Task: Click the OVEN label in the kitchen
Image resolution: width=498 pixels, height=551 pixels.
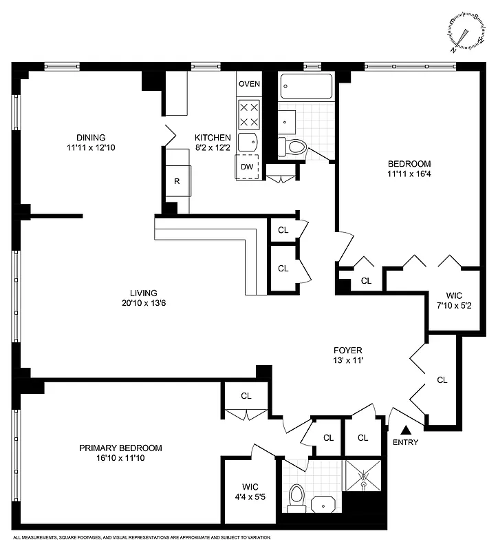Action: [x=249, y=84]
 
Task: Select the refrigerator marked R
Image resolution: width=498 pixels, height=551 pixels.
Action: [x=177, y=182]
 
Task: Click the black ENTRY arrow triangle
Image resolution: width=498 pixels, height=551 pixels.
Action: [x=405, y=430]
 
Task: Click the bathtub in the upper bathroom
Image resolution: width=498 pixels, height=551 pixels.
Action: [x=306, y=87]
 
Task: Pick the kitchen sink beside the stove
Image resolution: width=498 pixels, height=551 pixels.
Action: [x=247, y=143]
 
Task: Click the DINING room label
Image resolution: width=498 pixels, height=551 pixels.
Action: [x=91, y=136]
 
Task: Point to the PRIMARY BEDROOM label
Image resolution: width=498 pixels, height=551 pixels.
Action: [x=120, y=448]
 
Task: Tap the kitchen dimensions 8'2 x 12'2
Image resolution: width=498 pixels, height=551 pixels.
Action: [x=213, y=147]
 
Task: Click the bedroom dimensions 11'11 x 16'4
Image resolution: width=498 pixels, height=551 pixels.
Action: [x=409, y=174]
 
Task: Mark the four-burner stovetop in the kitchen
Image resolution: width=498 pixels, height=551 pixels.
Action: [x=249, y=114]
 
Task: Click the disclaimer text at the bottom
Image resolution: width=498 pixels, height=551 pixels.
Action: [x=142, y=537]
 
